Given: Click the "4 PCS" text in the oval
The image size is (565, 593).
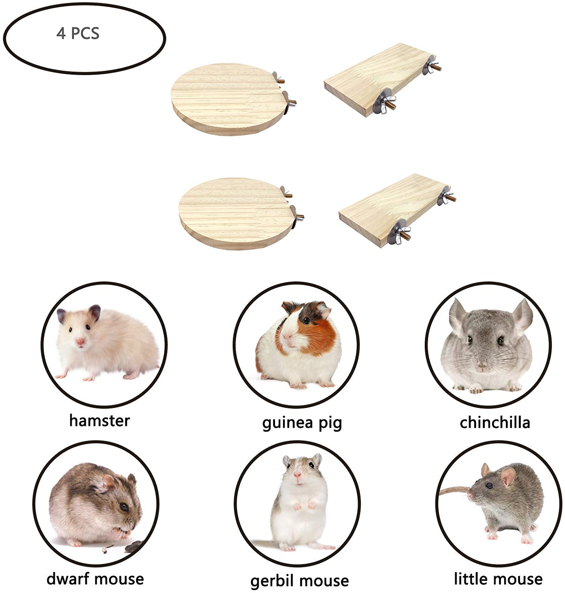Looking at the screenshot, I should (x=78, y=33).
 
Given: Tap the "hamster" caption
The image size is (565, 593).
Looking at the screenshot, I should (x=99, y=420).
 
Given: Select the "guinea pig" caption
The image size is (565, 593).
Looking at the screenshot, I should (x=302, y=423).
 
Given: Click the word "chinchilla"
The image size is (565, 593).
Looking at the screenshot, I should (x=495, y=422).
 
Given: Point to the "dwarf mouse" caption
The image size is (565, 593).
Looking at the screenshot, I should (x=95, y=579).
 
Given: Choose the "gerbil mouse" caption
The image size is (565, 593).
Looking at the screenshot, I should (x=299, y=581).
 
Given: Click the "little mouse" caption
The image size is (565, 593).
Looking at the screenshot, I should (x=498, y=579).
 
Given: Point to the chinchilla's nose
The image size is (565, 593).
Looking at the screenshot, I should (x=482, y=366).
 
